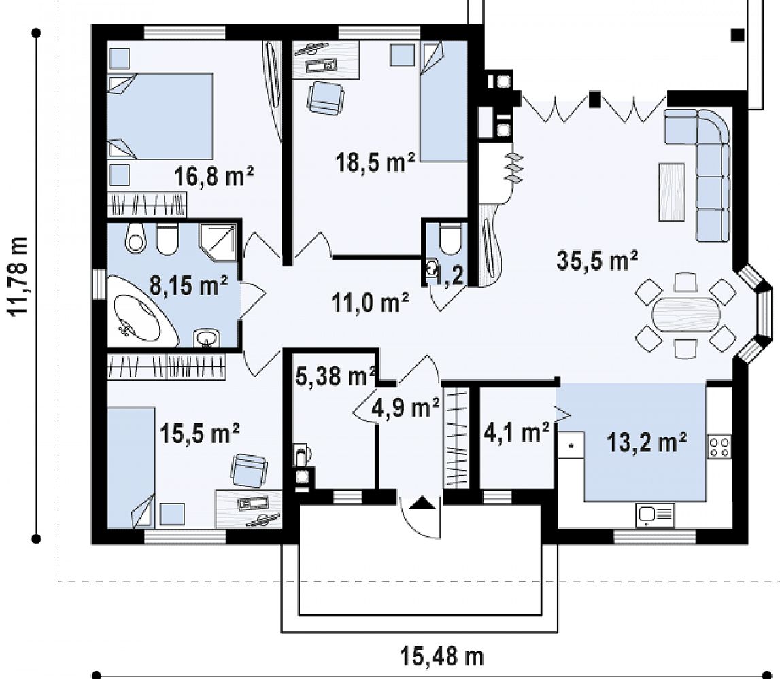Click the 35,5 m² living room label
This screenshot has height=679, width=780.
[597, 260]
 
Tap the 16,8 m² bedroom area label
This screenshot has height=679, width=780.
[214, 175]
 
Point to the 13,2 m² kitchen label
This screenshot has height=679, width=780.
[647, 442]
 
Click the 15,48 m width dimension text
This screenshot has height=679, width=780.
[442, 657]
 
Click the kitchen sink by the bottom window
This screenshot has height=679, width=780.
[655, 515]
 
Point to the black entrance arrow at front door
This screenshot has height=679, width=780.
[421, 503]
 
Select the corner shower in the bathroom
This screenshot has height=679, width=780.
[218, 242]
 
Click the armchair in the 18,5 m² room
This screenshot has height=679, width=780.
[325, 97]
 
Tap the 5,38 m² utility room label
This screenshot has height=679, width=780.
[335, 377]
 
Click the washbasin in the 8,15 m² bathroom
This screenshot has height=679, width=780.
[207, 338]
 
